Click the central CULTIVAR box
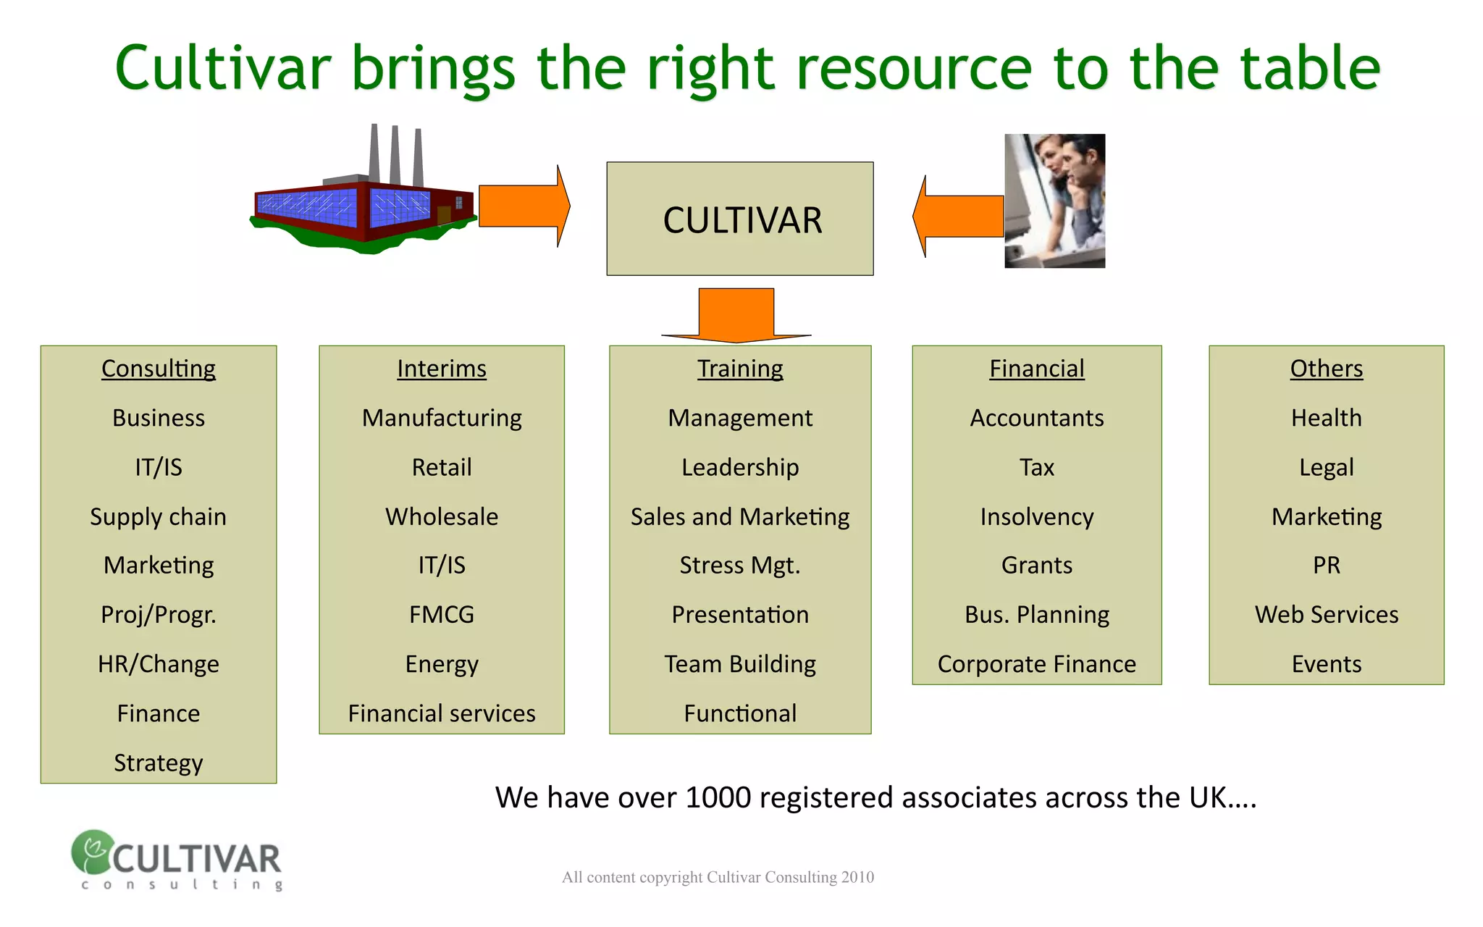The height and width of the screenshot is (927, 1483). (739, 219)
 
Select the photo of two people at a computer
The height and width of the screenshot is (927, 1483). (1054, 201)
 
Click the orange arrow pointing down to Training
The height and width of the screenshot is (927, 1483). (736, 315)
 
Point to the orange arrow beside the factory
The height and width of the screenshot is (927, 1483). (523, 206)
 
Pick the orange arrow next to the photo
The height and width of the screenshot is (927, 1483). (957, 216)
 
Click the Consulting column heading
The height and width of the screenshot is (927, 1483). (159, 369)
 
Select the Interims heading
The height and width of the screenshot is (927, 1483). (442, 369)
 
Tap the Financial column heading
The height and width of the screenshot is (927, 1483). (1037, 369)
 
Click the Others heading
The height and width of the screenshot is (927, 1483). (1327, 369)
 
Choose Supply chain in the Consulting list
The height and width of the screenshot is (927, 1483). (159, 517)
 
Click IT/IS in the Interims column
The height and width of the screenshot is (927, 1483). (442, 565)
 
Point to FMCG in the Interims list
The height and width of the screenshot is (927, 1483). (442, 614)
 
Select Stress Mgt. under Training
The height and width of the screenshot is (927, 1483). (740, 565)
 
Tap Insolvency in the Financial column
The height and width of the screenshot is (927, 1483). (1037, 517)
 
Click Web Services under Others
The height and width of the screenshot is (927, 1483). (1327, 614)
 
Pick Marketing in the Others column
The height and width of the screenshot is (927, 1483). (1327, 517)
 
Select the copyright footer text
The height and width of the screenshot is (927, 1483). (718, 877)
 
